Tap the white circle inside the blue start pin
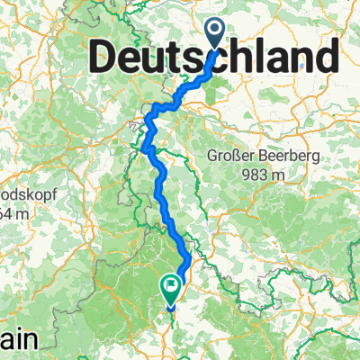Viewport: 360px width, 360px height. coord(217,31)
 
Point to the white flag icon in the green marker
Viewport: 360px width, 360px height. coord(171,286)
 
